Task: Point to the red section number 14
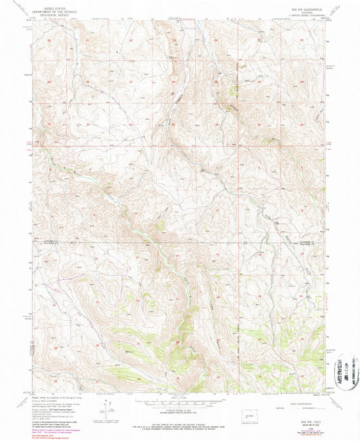pyautogui.click(x=177, y=257)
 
